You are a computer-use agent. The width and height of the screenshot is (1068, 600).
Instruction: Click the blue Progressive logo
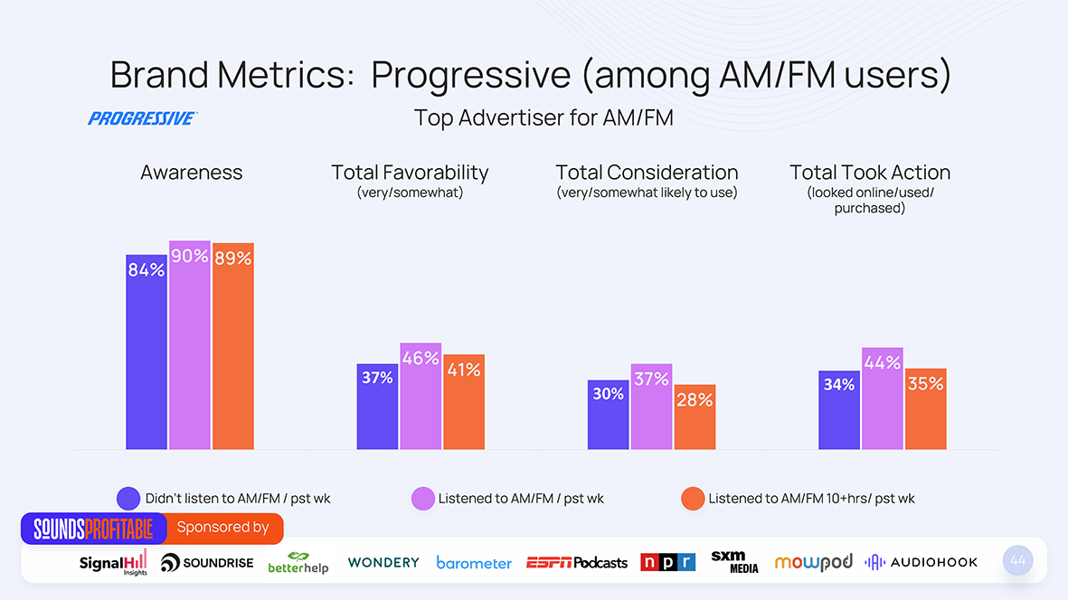142,118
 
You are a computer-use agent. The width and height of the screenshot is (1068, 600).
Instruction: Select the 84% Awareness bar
146,352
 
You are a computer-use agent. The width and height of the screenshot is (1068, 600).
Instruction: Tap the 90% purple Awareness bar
190,345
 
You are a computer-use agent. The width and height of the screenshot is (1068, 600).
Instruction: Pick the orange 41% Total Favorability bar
464,402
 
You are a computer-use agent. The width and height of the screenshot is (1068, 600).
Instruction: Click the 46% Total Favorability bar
421,396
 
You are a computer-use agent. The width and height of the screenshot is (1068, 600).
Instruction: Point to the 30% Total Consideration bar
608,415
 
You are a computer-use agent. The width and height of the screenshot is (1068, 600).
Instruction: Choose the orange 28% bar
695,417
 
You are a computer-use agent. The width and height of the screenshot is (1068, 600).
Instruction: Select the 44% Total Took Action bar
883,398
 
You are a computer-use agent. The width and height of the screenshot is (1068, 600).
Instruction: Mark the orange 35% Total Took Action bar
925,408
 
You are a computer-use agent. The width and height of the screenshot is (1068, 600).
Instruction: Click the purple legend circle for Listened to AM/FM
423,499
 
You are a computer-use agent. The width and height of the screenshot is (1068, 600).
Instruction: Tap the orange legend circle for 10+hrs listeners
693,499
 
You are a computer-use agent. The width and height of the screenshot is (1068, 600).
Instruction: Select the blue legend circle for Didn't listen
128,499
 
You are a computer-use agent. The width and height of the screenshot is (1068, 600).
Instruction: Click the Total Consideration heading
647,173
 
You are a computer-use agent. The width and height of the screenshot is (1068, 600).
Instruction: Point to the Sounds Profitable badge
94,528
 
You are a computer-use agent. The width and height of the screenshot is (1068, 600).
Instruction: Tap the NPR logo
667,562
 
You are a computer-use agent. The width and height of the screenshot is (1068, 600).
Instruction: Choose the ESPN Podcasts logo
577,562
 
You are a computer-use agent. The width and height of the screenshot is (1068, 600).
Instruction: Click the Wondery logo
383,562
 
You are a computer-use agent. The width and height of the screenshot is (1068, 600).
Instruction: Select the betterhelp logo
298,563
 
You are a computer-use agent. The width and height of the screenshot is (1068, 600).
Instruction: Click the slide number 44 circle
1018,560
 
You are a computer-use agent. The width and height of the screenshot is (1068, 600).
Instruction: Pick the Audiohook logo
921,562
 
